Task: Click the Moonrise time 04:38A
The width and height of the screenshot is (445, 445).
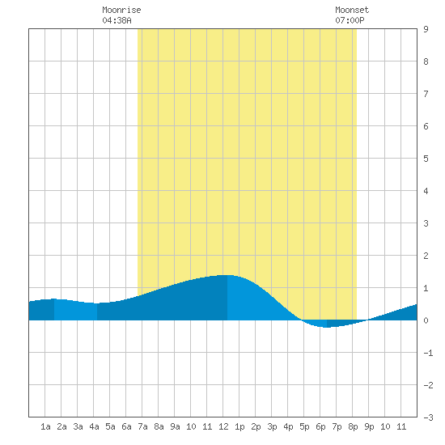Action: point(117,20)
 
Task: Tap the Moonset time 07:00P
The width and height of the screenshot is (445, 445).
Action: point(350,20)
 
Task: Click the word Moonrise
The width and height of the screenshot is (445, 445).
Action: point(121,10)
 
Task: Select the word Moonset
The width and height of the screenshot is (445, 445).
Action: point(352,10)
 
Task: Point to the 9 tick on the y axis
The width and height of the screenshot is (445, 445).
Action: point(426,29)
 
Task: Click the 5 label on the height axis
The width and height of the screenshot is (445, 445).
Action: point(426,159)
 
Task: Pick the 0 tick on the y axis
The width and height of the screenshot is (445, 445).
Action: point(426,320)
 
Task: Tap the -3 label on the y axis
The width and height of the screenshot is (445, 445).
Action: point(428,417)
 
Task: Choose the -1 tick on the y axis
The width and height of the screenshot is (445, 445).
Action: point(428,353)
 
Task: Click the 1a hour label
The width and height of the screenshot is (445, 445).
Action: point(45,426)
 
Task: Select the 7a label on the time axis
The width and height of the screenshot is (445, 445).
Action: point(142,426)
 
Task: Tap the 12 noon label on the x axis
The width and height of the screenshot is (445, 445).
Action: point(223,426)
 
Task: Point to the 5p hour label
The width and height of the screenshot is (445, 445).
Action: point(304,426)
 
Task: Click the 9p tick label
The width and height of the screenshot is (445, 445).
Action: point(369,426)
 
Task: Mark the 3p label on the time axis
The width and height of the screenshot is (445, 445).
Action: point(272,426)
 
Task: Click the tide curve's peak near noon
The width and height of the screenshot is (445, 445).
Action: point(227,275)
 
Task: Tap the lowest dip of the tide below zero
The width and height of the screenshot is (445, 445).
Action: point(327,327)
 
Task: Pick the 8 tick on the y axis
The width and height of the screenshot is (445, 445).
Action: point(426,61)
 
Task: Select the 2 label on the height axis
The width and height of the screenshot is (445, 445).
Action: point(426,256)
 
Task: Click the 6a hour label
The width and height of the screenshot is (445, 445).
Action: point(126,426)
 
